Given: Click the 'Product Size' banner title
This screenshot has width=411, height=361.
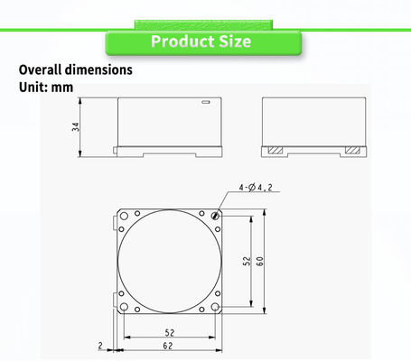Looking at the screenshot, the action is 201,42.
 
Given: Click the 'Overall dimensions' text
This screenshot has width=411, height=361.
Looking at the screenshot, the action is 76,69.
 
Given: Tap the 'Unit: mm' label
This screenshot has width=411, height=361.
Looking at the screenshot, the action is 46,88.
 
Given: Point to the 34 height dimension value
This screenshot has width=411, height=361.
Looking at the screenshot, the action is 76,126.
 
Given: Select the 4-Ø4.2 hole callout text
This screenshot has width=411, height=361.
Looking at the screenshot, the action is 256,188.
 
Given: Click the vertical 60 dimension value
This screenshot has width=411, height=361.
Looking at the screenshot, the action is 259,261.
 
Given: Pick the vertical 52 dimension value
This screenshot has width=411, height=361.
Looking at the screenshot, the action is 247,261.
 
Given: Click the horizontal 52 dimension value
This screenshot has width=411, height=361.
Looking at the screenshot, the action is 170,333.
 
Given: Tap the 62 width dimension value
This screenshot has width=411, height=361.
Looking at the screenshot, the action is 168,346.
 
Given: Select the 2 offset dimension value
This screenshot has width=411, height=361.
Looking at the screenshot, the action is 100,346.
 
